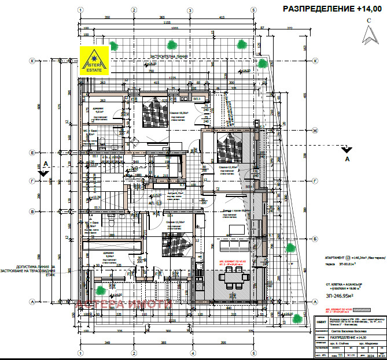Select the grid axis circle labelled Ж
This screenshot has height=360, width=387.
pyautogui.click(x=315, y=131)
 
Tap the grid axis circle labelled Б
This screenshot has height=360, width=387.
pyautogui.click(x=315, y=238)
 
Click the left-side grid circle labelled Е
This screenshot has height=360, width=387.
pyautogui.click(x=33, y=152)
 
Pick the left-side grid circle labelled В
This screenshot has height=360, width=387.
pyautogui.click(x=33, y=213)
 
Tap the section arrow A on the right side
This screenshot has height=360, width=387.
pyautogui.click(x=347, y=152)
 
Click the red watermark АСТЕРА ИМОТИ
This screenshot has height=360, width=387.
pyautogui.click(x=124, y=304)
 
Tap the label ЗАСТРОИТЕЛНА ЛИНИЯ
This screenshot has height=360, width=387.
pyautogui.click(x=169, y=57)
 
